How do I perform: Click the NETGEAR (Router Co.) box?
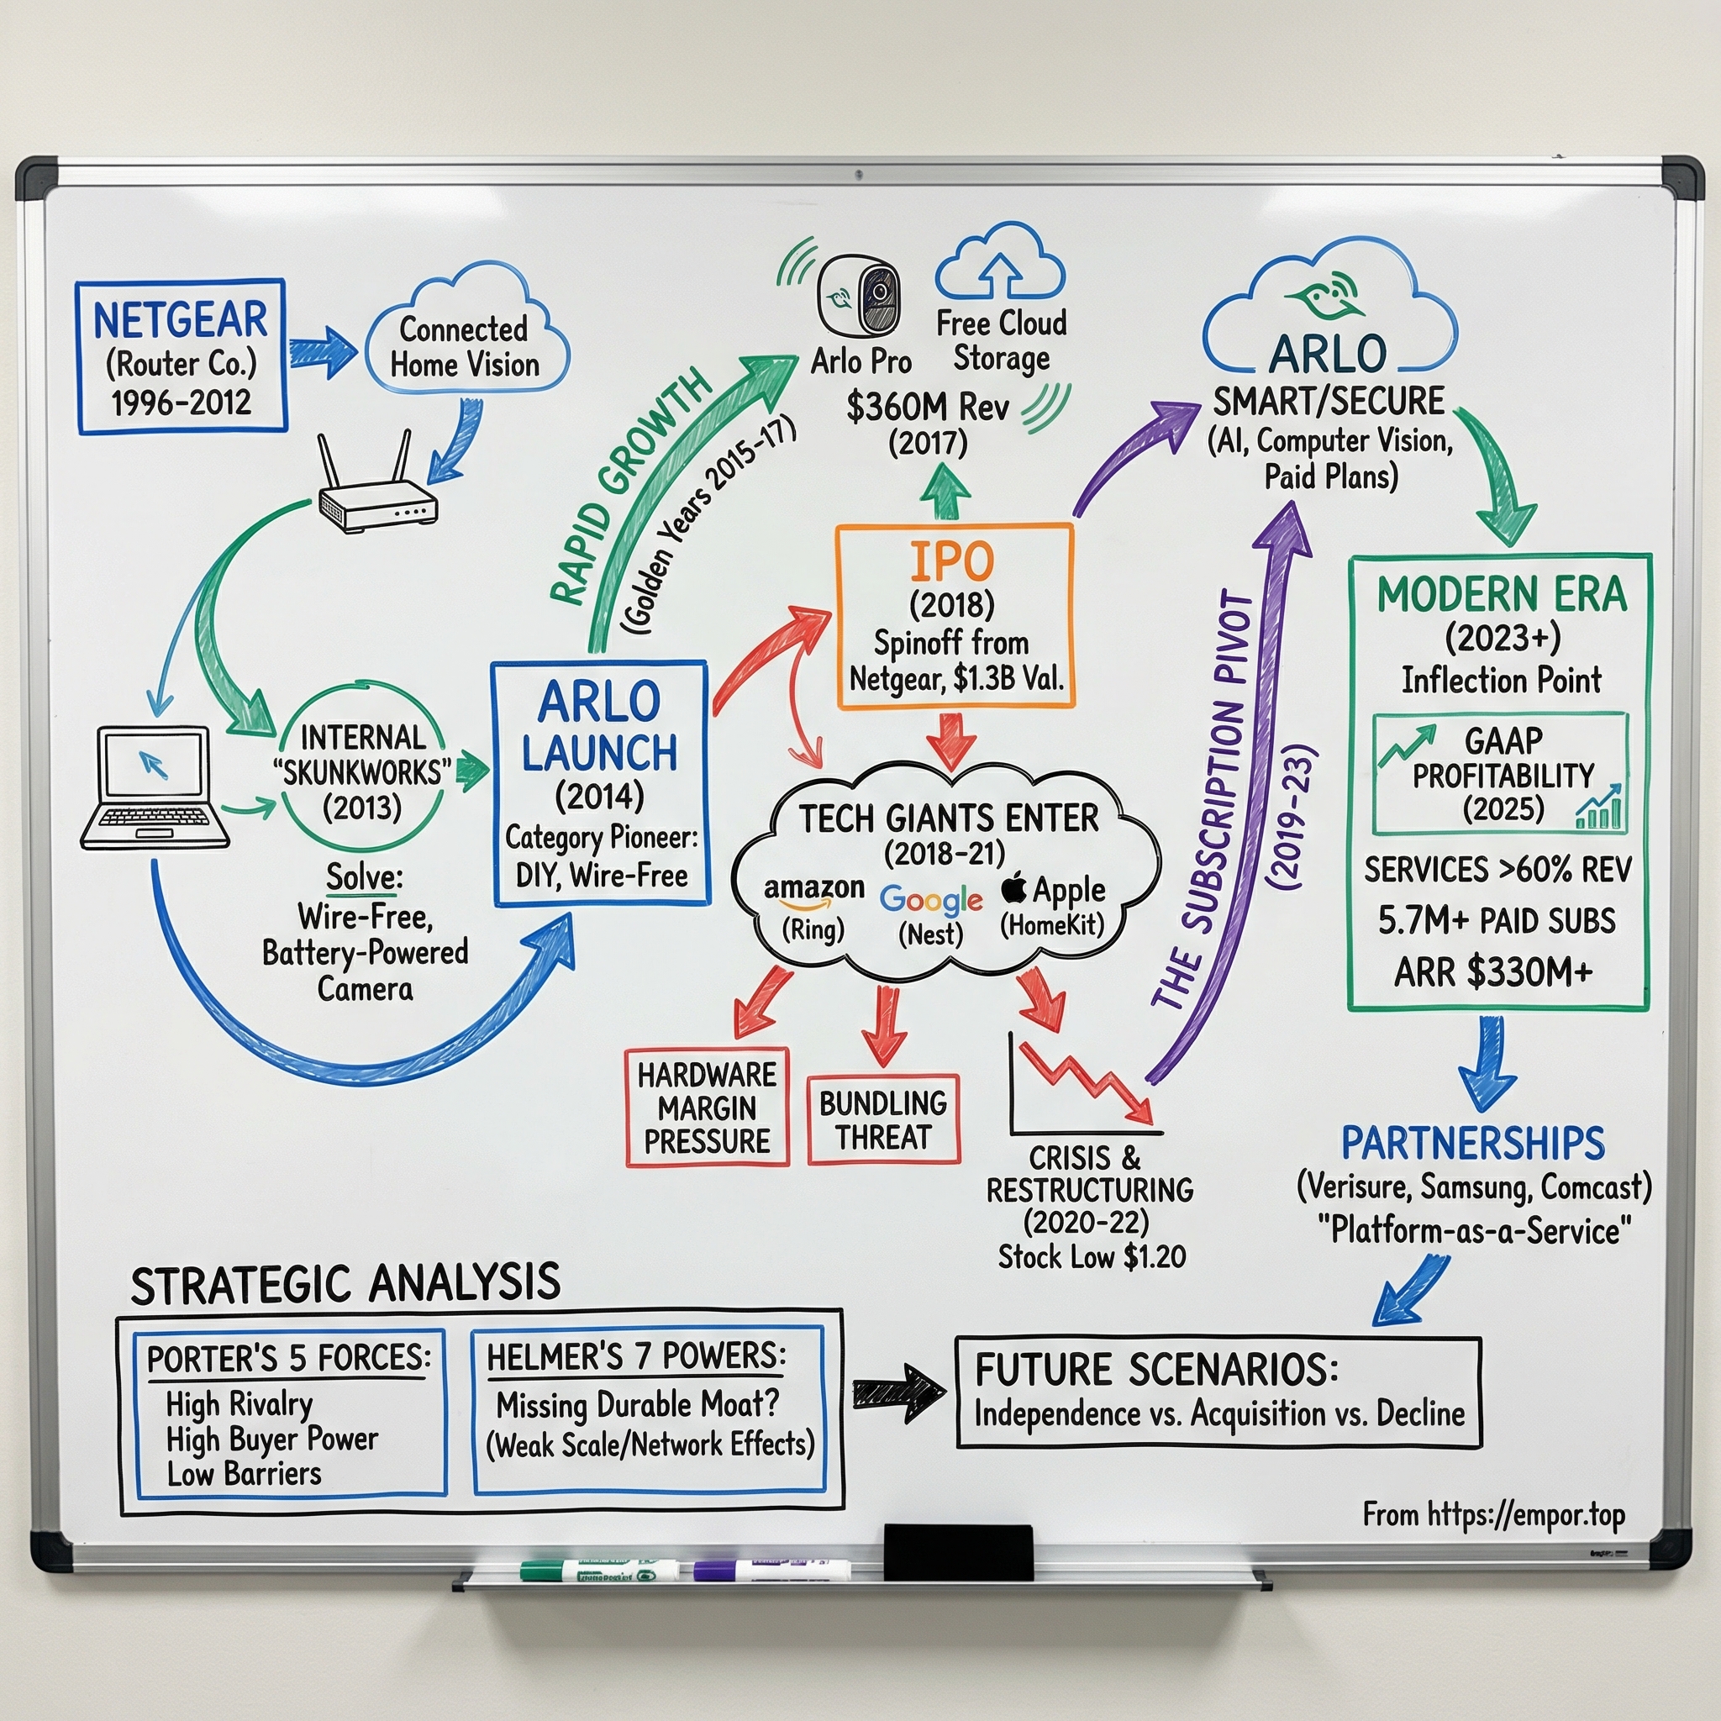[x=181, y=357]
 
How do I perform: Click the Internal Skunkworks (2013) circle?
[x=361, y=771]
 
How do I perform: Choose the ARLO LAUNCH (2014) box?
[x=600, y=784]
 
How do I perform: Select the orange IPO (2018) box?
[x=954, y=617]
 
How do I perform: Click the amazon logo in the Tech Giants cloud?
[x=813, y=890]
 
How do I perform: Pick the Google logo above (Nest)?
[x=930, y=900]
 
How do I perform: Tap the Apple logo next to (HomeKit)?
[x=1013, y=888]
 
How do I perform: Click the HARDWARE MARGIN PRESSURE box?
[x=708, y=1108]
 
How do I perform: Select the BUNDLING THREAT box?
[x=883, y=1119]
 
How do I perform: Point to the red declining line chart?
[x=1085, y=1082]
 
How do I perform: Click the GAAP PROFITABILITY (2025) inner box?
[x=1500, y=773]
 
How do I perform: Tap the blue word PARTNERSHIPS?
[x=1472, y=1144]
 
